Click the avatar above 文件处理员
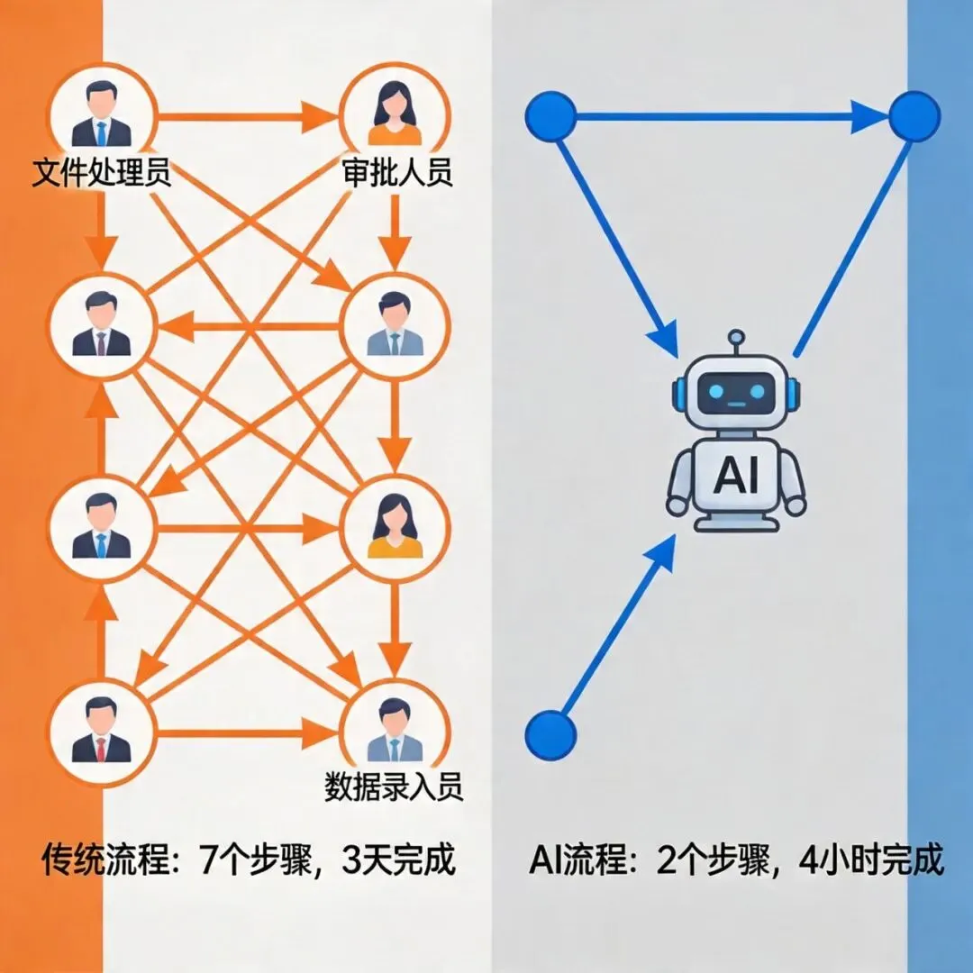click(x=101, y=114)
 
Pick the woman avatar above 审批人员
click(x=395, y=114)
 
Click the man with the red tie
click(x=101, y=731)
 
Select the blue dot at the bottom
click(x=550, y=733)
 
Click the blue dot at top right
click(x=914, y=116)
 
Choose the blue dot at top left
click(x=550, y=116)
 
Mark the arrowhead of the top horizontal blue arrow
click(x=869, y=116)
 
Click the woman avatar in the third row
click(x=395, y=527)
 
